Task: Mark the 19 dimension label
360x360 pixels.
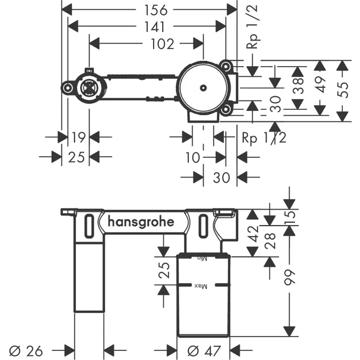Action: point(78,138)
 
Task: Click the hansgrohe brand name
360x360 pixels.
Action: point(141,222)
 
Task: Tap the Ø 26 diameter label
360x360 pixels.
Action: point(27,350)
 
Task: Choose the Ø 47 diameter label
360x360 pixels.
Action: point(203,350)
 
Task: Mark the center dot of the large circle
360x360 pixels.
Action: point(203,87)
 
